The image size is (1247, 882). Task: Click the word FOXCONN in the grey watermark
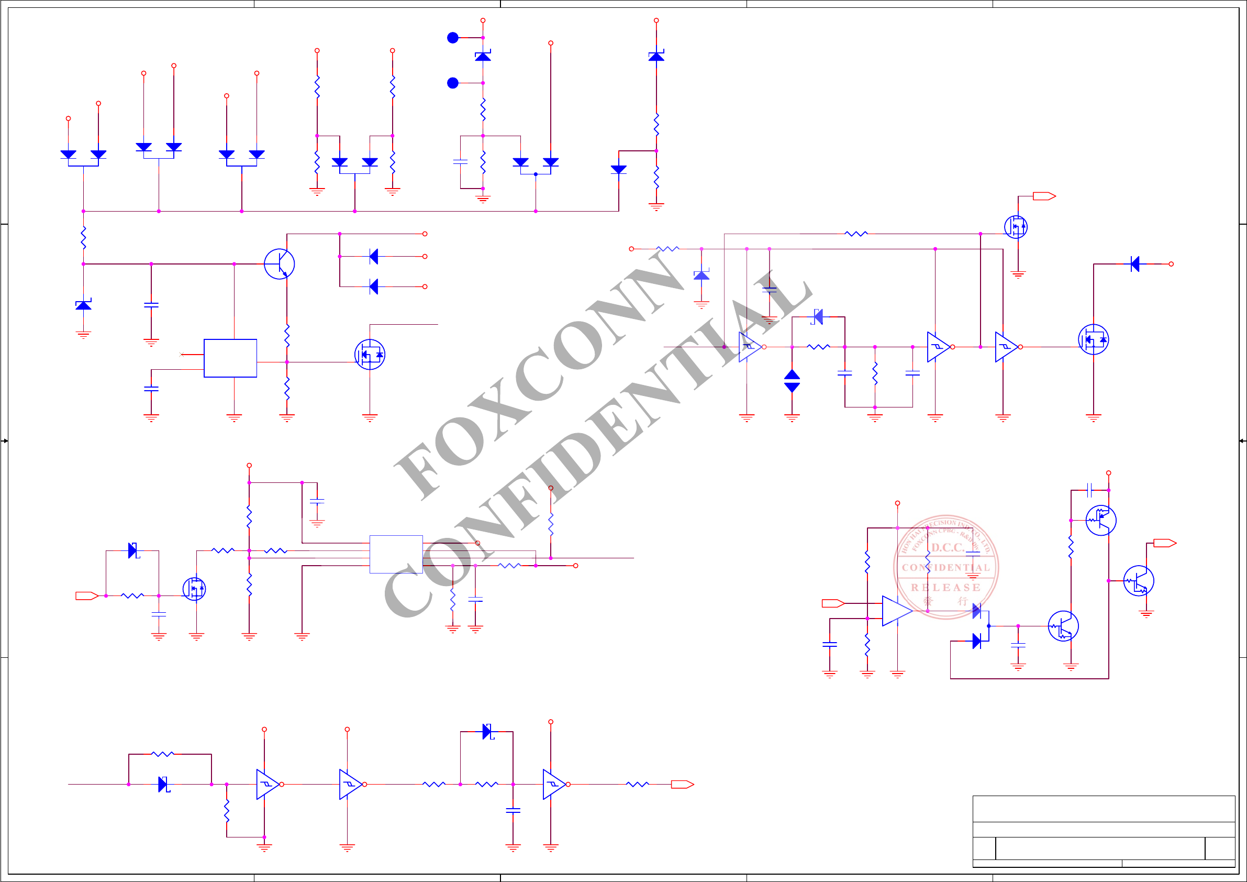pos(538,375)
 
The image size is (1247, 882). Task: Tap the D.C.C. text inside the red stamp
pos(947,547)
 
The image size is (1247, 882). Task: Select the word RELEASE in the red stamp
pos(945,588)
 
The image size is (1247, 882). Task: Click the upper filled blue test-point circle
pos(452,38)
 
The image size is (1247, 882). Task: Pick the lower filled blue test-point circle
pos(452,83)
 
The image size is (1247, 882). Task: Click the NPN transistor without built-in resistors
pos(280,264)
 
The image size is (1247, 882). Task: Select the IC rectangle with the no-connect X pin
pos(230,358)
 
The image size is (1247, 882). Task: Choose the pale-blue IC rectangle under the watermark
pos(396,554)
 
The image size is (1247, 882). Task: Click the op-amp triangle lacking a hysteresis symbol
pos(896,611)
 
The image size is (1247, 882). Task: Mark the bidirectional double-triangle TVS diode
pos(792,381)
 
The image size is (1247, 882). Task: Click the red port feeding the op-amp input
pos(832,603)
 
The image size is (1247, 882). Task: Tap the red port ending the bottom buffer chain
pos(682,784)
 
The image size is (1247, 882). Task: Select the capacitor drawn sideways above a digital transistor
pos(1089,490)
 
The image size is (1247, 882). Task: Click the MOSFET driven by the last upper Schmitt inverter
pos(1093,339)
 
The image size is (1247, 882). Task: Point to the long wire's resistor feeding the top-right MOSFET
pos(856,234)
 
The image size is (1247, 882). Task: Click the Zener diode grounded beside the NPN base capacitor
pos(83,305)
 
